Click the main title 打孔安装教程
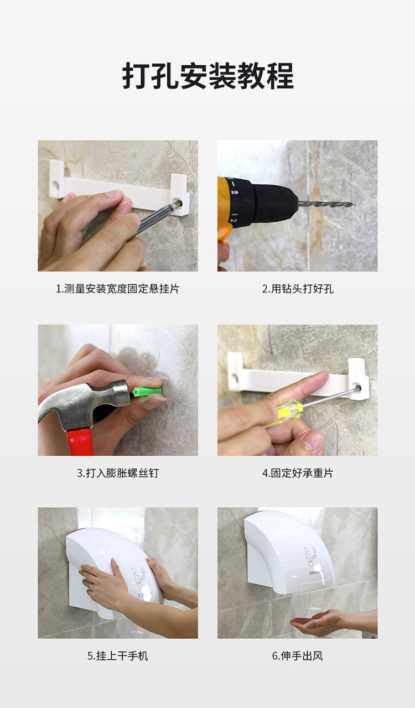208,76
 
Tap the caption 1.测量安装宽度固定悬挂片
118,289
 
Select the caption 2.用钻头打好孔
297,289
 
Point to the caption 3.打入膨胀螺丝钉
118,473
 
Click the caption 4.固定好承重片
297,473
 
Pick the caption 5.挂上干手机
118,655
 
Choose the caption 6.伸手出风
297,655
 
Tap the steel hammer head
83,400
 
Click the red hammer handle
80,441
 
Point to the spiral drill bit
326,204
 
